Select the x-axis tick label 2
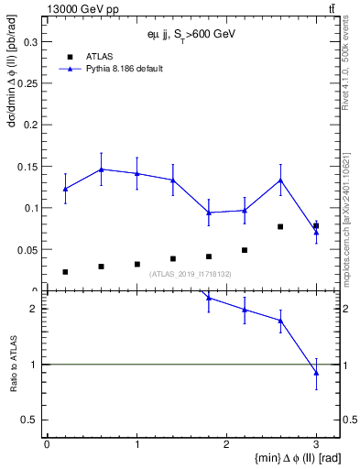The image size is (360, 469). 226,444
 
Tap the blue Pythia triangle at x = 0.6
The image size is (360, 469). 102,169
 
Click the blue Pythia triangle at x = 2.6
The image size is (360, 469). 280,180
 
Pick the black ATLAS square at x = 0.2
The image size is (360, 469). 65,272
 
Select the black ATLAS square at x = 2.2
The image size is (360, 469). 245,250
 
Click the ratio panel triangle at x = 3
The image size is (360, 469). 316,373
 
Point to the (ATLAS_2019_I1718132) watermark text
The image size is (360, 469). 191,274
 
